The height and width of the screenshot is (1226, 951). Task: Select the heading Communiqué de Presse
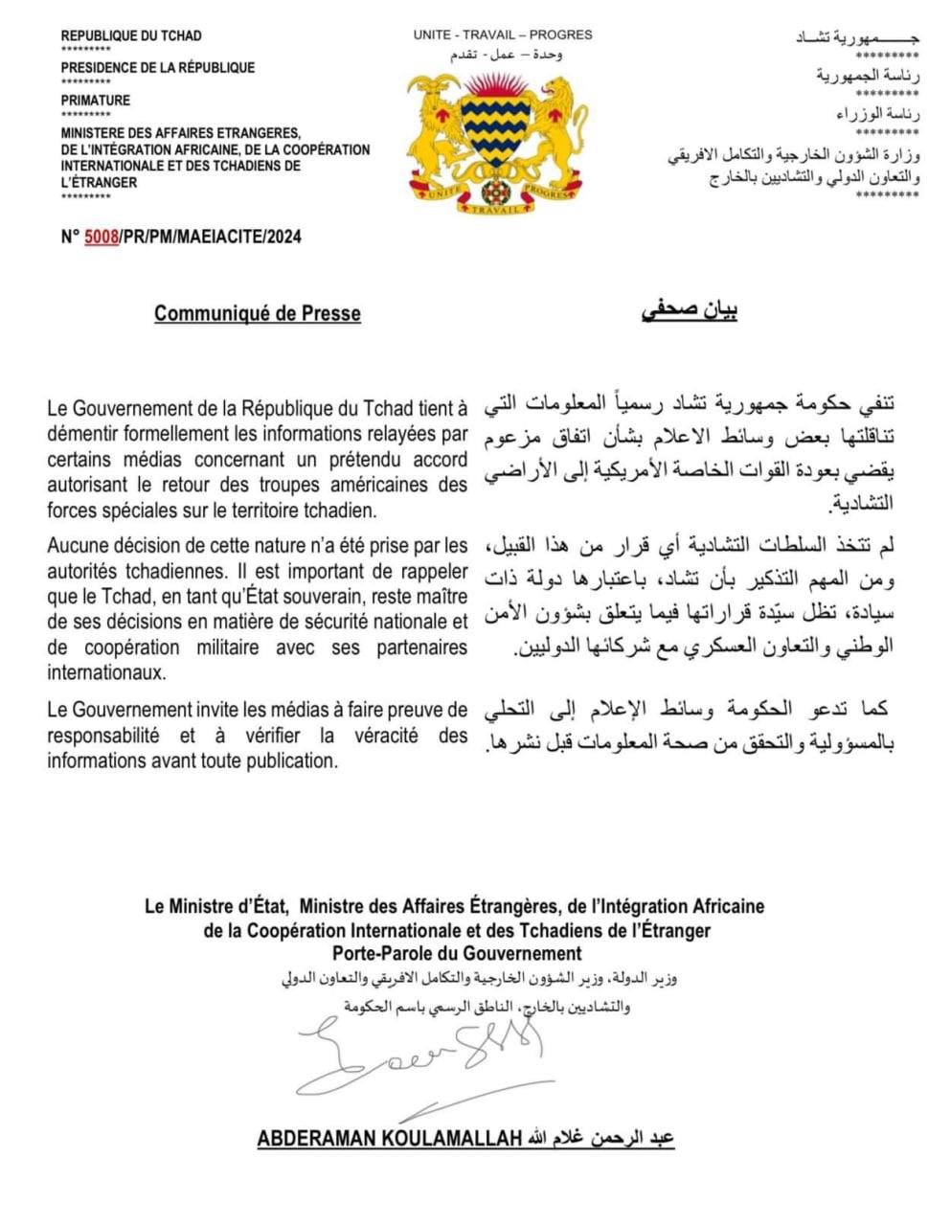258,313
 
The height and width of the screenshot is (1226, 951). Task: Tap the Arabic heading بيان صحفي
690,311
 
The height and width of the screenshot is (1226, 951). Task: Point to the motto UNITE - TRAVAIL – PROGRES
503,34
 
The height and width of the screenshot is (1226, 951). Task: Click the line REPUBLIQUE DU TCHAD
131,35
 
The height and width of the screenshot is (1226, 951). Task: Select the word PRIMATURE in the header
96,100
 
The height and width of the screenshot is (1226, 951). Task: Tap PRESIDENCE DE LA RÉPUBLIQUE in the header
158,68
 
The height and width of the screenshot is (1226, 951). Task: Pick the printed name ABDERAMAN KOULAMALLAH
389,1139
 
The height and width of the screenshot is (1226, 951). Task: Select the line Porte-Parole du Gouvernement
457,953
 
